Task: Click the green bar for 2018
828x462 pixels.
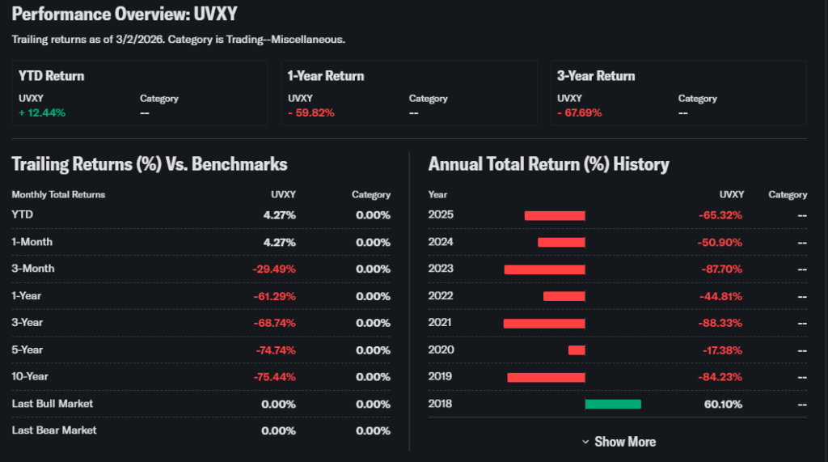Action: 613,404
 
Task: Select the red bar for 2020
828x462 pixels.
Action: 577,350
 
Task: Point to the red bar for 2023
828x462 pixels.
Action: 544,269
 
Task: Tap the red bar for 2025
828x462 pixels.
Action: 555,215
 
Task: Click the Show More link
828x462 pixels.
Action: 619,442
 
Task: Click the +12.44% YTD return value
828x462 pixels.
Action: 42,112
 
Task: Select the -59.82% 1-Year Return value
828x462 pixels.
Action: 311,112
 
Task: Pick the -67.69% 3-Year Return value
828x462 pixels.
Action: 580,112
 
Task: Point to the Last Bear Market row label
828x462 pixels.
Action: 54,430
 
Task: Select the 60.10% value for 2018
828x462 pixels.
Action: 723,404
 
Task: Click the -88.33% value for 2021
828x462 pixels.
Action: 720,323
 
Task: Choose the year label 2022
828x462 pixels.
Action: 441,296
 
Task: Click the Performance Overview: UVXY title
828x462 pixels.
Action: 125,15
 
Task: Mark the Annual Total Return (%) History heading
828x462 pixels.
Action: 549,165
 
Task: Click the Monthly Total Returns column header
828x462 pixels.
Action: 58,195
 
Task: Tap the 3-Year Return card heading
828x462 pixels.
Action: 596,76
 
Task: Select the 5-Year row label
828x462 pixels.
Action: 27,350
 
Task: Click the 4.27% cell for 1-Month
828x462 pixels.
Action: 279,242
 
